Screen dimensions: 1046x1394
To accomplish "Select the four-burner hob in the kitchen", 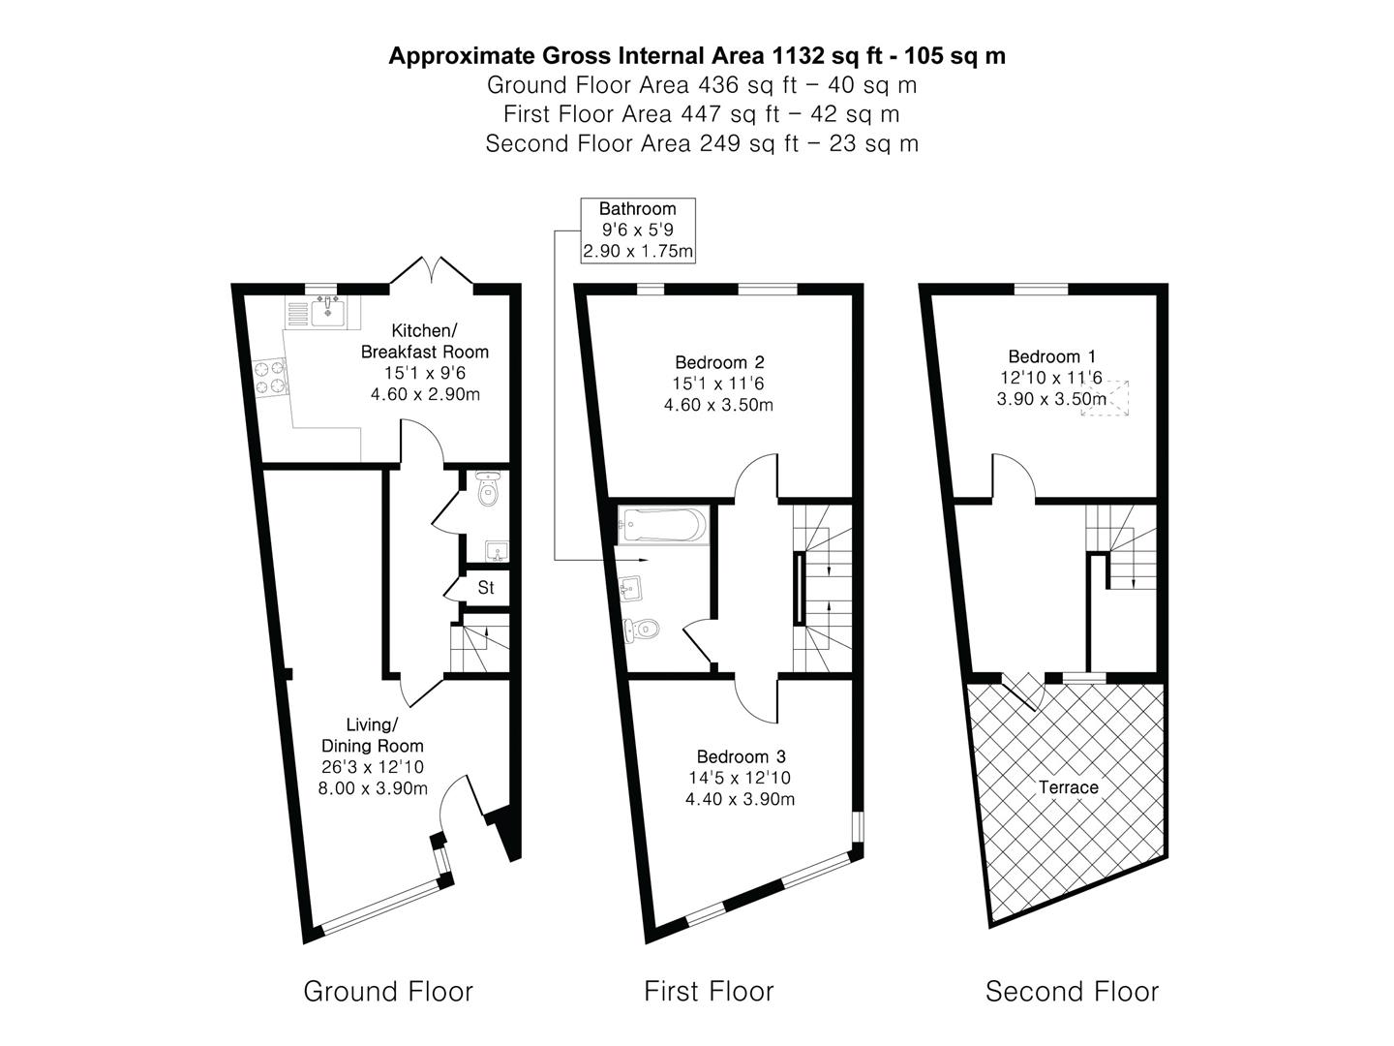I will tap(271, 377).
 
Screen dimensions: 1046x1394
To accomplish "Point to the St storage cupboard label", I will tap(486, 588).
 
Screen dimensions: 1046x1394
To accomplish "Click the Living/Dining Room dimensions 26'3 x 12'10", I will tap(373, 767).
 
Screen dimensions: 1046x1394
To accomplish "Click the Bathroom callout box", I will tap(637, 230).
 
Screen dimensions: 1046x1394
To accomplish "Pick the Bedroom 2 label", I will tap(719, 362).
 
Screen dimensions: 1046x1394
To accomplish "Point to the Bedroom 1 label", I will tap(1051, 356).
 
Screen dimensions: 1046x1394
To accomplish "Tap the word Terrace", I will tap(1069, 787).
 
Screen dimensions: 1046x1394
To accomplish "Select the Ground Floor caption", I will tap(388, 992).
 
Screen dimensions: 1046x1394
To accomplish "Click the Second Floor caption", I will tap(1072, 992).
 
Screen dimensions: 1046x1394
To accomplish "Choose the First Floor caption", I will tap(709, 992).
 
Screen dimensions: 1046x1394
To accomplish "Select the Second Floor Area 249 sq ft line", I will tap(702, 143).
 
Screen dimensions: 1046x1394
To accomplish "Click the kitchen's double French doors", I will tap(431, 270).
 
